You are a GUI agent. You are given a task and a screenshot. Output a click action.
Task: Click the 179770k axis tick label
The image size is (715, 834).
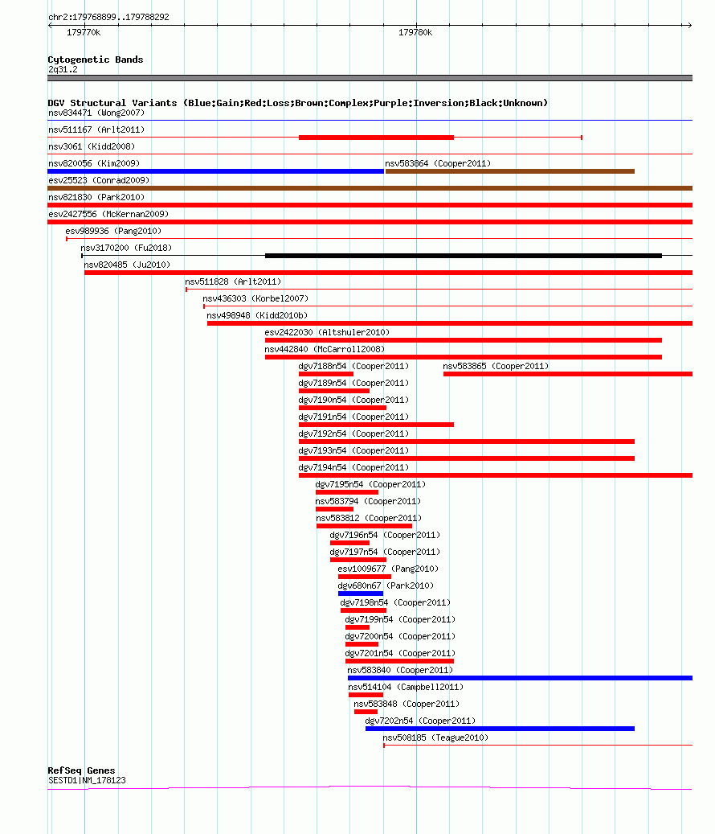(84, 32)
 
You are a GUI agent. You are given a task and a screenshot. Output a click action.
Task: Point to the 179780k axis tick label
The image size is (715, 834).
(415, 32)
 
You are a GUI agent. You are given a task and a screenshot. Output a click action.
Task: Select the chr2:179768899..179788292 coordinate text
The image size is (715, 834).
(109, 17)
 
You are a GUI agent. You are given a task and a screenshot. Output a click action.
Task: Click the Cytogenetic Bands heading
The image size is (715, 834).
(96, 60)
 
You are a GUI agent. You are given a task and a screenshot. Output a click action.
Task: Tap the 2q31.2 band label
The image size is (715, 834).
(63, 69)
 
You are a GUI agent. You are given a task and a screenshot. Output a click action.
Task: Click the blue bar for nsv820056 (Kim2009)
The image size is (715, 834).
(215, 171)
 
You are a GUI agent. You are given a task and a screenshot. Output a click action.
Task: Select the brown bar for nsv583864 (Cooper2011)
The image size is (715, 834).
(510, 171)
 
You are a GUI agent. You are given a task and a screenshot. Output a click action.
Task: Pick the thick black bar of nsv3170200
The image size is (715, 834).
(464, 256)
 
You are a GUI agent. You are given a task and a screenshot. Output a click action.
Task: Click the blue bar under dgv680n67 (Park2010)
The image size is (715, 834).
(361, 594)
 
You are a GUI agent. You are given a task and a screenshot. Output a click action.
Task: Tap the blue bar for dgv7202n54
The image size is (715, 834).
(500, 729)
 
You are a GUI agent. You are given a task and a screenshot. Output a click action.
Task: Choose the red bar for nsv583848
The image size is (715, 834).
(366, 712)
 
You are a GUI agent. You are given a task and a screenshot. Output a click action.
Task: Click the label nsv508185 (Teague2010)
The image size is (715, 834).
(435, 737)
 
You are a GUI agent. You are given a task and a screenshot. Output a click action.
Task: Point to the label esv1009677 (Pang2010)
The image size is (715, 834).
(388, 569)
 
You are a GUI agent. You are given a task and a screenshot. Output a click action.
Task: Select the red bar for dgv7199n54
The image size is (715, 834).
(357, 627)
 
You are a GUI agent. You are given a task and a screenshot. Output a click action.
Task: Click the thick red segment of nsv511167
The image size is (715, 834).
(377, 138)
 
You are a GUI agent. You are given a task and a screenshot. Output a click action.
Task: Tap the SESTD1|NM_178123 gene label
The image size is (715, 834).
(87, 780)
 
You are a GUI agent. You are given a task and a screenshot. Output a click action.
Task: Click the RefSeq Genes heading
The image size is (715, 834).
(81, 770)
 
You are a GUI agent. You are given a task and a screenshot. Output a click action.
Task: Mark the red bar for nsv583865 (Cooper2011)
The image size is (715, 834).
(568, 374)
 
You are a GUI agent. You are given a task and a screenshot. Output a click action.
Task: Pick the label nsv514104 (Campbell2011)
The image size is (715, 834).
(406, 687)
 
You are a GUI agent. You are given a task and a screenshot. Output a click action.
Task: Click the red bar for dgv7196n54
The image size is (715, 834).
(349, 543)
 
